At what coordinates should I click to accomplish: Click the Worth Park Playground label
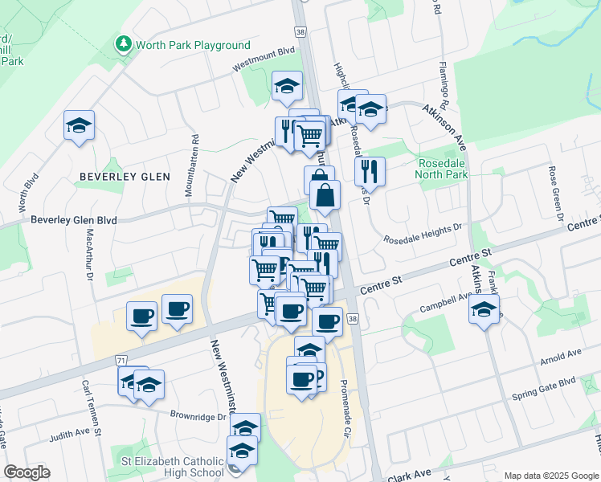pos(193,45)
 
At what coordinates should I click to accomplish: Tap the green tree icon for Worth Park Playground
pos(124,43)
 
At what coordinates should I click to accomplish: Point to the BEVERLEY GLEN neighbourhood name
pos(125,176)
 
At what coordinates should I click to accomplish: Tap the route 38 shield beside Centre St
pos(352,319)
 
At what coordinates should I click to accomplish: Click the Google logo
pos(27,472)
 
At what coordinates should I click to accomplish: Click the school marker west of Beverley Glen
pos(80,126)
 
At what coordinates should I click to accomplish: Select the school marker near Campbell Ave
pos(484,309)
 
